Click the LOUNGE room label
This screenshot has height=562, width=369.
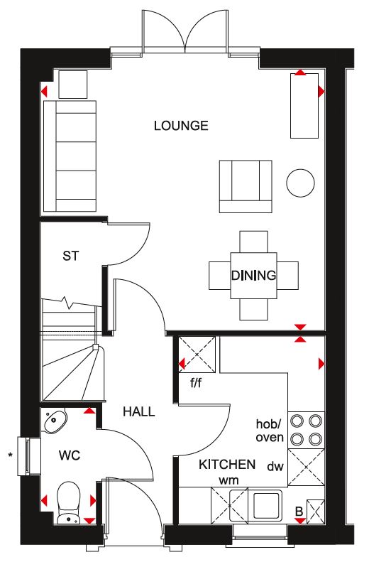(181, 126)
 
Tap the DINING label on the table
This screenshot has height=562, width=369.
(253, 275)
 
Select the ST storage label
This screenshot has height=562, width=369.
(70, 256)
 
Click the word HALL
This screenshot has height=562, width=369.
(139, 411)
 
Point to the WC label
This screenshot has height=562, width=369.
(70, 455)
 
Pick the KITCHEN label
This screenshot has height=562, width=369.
(227, 465)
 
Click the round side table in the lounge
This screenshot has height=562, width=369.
(301, 183)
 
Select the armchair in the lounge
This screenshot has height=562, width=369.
(246, 186)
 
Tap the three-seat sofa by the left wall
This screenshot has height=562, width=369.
(70, 156)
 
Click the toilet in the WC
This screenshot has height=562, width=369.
(68, 502)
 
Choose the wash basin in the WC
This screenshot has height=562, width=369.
(55, 420)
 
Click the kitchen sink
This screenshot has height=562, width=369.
(267, 504)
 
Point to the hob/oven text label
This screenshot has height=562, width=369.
(270, 431)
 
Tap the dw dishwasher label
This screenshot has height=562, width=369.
(275, 466)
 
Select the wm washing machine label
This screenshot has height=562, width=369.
(228, 480)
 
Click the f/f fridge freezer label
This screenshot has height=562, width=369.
(196, 383)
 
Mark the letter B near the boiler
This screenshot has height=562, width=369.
(299, 512)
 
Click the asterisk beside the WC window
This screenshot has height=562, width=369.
(11, 455)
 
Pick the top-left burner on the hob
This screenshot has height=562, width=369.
(297, 421)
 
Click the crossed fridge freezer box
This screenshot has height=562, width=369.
(197, 355)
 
